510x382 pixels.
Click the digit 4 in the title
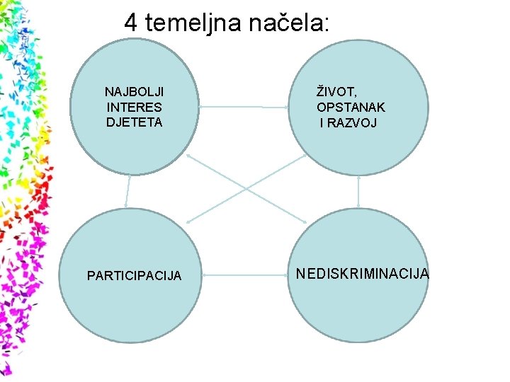coord(131,23)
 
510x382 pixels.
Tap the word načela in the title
coord(283,23)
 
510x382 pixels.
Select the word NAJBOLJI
coord(134,92)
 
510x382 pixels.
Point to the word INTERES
coord(134,108)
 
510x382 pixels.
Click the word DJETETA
coord(134,122)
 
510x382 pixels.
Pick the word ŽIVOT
coord(335,91)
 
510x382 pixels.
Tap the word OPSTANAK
coord(351,108)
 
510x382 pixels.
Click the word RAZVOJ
coord(354,123)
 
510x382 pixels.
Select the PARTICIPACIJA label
coord(134,275)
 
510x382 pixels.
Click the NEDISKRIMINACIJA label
coord(362,273)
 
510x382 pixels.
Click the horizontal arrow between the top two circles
coord(244,108)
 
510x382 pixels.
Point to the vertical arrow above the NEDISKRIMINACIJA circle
coord(359,191)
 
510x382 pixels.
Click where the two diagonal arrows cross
coord(246,189)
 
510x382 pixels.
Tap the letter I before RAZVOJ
coord(322,123)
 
